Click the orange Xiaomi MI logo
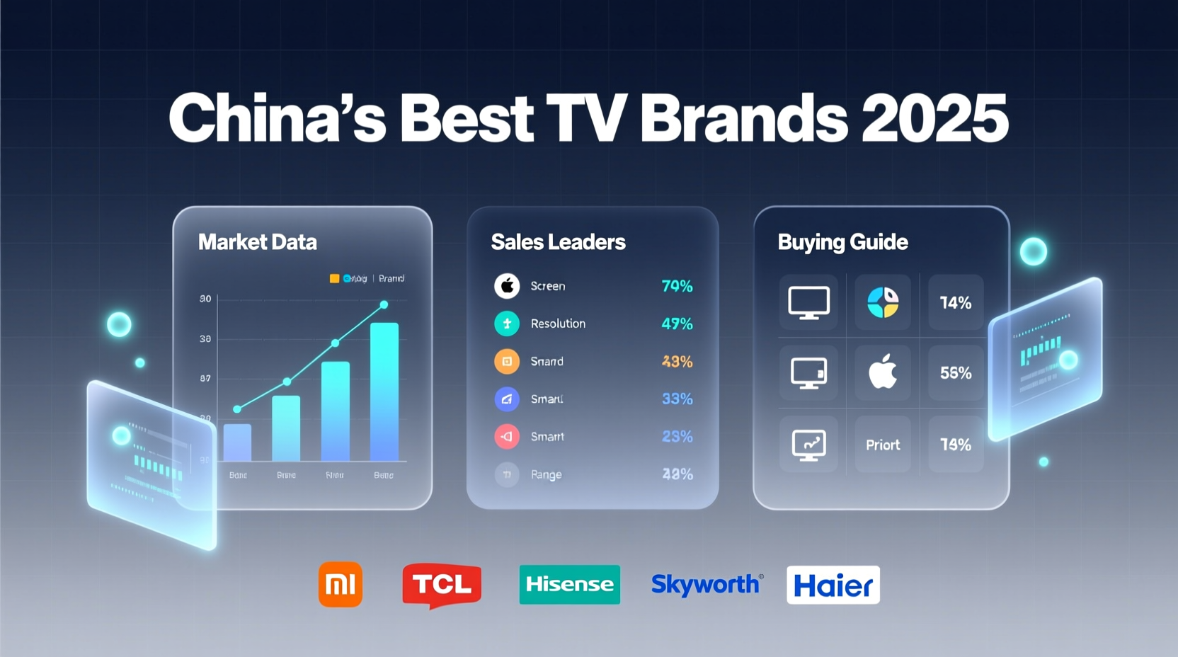pos(340,584)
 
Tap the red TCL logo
pos(442,584)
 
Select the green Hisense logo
pos(569,584)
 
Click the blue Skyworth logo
pos(706,584)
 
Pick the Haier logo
pos(833,585)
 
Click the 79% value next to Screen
pos(677,286)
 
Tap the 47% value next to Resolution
pos(677,324)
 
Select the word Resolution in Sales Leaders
pos(558,324)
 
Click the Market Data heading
pos(258,242)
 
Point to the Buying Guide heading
pos(842,242)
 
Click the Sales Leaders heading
pos(558,242)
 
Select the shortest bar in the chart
pos(237,442)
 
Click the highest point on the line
pos(384,304)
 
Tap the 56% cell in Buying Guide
pos(955,373)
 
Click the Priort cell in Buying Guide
pos(883,445)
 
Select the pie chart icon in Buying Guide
pos(883,302)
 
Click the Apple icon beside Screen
pos(507,286)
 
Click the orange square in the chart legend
pos(334,278)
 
